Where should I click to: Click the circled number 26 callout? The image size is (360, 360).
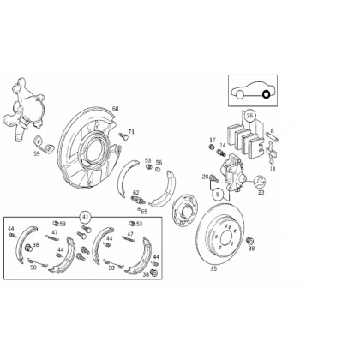250,116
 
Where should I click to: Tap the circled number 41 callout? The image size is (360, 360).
85,218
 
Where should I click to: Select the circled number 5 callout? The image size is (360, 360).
218,195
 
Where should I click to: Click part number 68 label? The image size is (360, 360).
115,109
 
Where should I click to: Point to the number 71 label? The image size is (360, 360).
131,132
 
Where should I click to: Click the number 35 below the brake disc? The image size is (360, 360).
213,268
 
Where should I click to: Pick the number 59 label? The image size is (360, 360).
37,154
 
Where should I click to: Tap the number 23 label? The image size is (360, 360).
261,192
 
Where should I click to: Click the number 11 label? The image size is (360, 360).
273,169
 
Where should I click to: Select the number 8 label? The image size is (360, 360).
273,131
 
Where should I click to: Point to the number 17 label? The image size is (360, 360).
213,140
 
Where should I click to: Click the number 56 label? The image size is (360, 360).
159,162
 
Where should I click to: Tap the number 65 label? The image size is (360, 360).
144,212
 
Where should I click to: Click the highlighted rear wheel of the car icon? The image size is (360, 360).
266,94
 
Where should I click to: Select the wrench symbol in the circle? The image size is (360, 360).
260,182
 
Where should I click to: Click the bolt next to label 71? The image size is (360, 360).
123,136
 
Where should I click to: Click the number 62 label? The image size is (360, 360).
136,192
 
